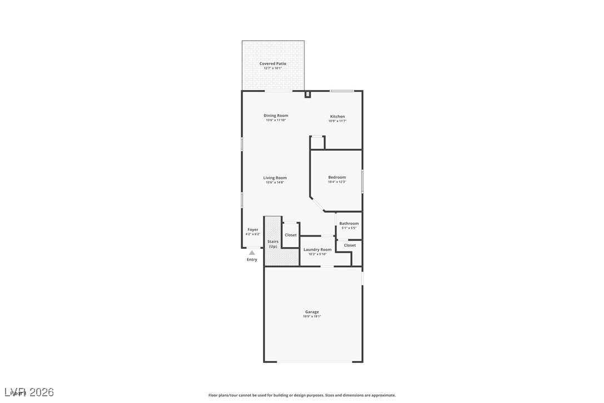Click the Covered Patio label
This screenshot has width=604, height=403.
(273, 63)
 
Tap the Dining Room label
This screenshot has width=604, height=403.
(276, 116)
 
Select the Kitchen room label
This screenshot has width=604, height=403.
(337, 116)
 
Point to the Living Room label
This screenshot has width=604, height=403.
(275, 178)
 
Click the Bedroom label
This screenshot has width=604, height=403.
(336, 178)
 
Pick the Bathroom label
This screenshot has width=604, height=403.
(349, 224)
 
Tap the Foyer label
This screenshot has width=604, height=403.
(253, 229)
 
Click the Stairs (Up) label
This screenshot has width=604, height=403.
(273, 244)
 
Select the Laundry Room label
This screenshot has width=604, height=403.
(317, 249)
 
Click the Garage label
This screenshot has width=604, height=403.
(311, 312)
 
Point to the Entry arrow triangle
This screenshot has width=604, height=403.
(252, 253)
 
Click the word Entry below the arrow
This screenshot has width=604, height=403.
(252, 259)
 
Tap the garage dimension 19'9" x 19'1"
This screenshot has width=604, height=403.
(311, 317)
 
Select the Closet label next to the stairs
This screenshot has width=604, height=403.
(290, 235)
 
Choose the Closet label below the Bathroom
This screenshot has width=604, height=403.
(349, 245)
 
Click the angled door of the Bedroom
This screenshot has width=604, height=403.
(318, 204)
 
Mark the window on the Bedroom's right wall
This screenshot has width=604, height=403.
(362, 181)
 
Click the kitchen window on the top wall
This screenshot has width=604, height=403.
(341, 91)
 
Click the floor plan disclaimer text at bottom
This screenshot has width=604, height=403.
(302, 395)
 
